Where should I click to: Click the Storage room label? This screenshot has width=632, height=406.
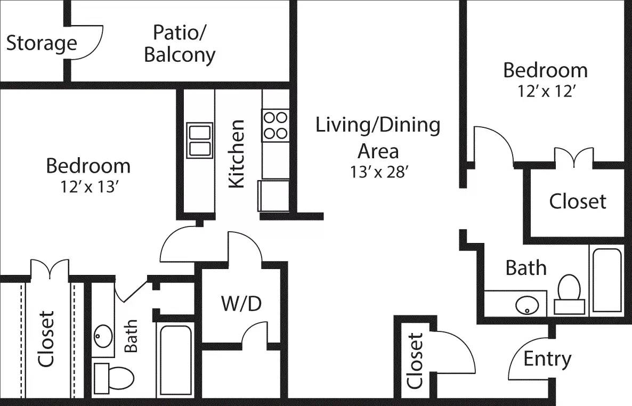(42, 44)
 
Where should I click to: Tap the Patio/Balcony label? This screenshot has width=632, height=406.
(180, 44)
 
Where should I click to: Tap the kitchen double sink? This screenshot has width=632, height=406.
(199, 140)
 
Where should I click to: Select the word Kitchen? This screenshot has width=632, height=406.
(236, 154)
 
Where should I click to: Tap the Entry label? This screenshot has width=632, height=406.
(547, 359)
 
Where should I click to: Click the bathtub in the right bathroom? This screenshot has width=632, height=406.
(606, 280)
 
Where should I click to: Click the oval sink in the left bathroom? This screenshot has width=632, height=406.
(103, 336)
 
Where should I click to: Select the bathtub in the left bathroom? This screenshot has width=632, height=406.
(175, 360)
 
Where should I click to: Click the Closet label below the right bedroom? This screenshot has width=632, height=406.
(578, 201)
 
